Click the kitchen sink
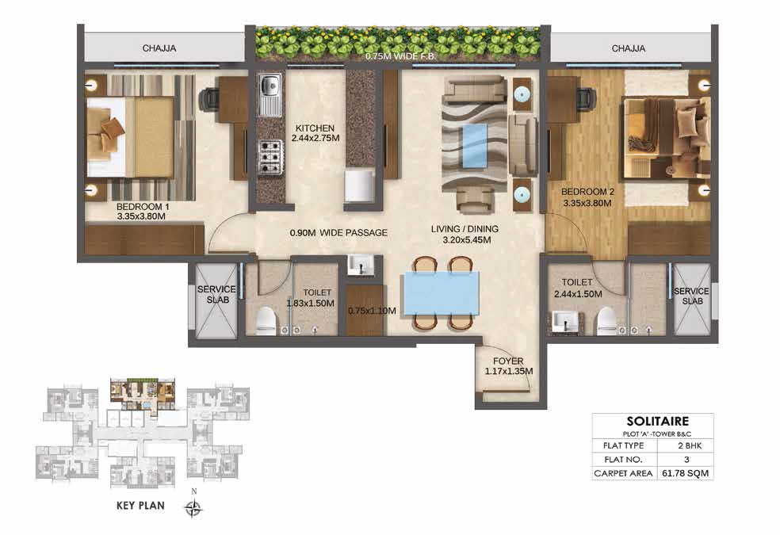click(x=270, y=94)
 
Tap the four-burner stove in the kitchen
click(x=270, y=156)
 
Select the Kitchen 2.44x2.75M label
click(x=315, y=133)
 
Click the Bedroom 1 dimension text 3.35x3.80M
click(x=141, y=217)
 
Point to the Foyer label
click(x=508, y=361)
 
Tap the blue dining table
click(x=441, y=293)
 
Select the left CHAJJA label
click(x=159, y=48)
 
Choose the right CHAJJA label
click(x=629, y=48)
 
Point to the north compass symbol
click(x=193, y=507)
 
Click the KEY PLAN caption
click(x=141, y=506)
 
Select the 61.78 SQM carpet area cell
click(x=686, y=473)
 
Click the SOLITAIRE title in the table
click(x=658, y=421)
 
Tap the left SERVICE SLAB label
click(x=217, y=294)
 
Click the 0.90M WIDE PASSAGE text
click(x=338, y=233)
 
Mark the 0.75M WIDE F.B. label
click(x=400, y=56)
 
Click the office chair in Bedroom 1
click(x=209, y=98)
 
